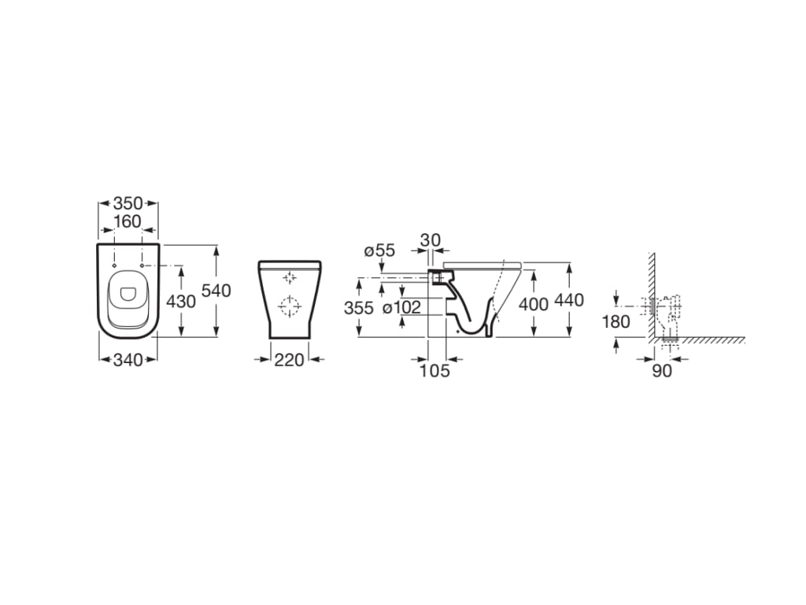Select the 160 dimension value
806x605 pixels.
(128, 222)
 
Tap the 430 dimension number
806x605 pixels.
(180, 301)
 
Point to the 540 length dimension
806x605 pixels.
(216, 291)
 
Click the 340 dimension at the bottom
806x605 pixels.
(128, 360)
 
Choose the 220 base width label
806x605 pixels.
(289, 360)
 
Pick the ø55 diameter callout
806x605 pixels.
(379, 251)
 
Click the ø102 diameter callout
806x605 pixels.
(401, 308)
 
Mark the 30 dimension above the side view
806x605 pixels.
(430, 239)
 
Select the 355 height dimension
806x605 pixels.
(358, 308)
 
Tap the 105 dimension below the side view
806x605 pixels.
(434, 370)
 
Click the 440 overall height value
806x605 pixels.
(569, 301)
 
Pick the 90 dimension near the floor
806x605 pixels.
(662, 370)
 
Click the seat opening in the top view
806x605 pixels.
(127, 295)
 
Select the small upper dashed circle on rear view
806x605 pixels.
(290, 277)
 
